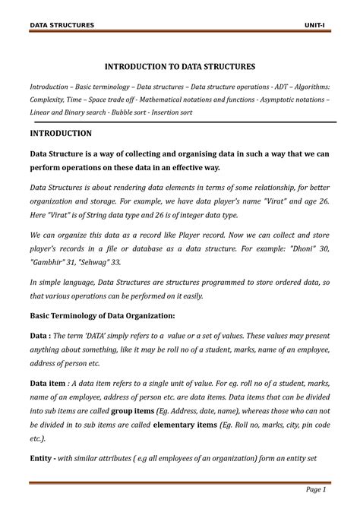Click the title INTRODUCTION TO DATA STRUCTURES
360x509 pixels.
click(179, 67)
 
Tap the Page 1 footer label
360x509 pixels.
click(316, 488)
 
